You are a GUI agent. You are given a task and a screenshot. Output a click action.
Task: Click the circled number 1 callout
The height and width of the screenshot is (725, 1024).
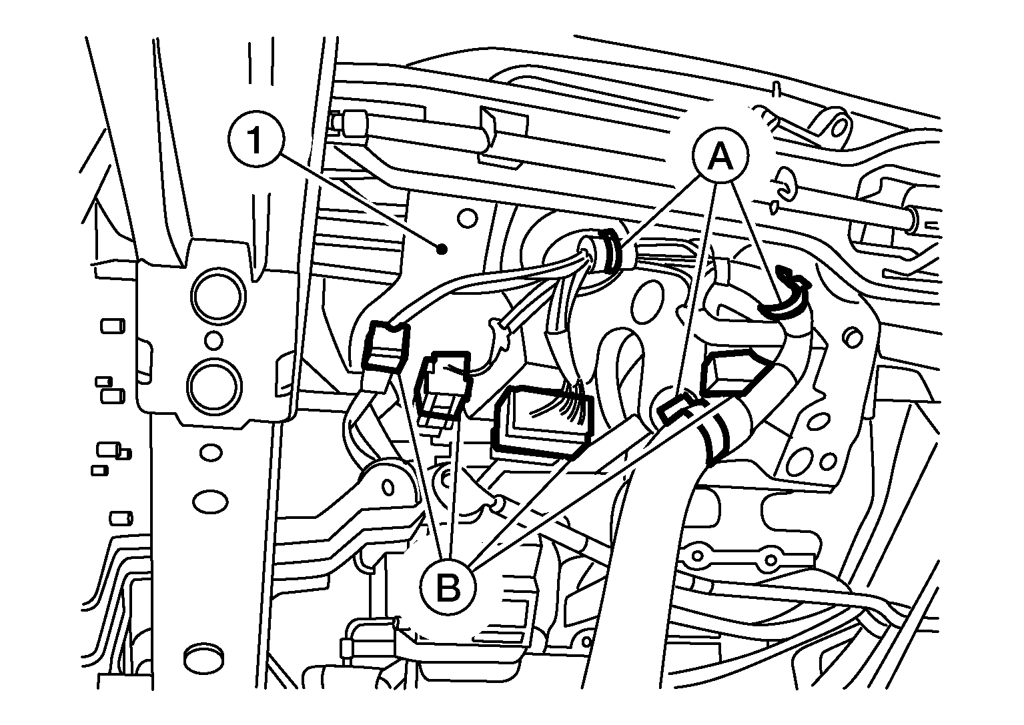point(255,141)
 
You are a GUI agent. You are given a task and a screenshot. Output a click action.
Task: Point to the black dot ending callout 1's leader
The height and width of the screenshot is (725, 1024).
point(441,249)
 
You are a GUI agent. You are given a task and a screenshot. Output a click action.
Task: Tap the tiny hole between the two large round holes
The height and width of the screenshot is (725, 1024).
point(214,341)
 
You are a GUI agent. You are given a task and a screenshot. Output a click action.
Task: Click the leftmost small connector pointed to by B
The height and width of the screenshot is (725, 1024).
point(385,345)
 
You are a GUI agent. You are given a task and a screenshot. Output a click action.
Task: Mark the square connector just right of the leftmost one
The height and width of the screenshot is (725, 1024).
point(443,385)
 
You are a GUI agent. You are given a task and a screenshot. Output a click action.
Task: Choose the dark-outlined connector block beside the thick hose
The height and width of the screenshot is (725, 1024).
point(735,372)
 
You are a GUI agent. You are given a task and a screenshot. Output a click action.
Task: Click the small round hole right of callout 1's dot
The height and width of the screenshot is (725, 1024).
point(467,219)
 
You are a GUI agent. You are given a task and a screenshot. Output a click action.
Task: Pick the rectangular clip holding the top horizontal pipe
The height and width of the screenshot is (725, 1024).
point(502,136)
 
